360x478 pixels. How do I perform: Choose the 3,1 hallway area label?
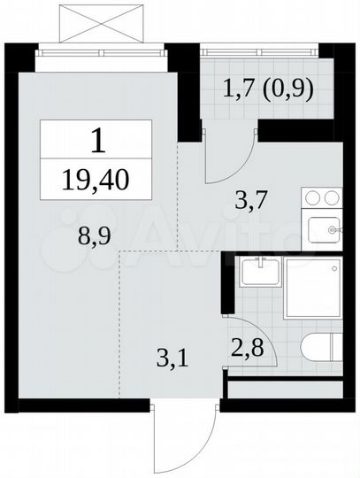pyautogui.click(x=164, y=359)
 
